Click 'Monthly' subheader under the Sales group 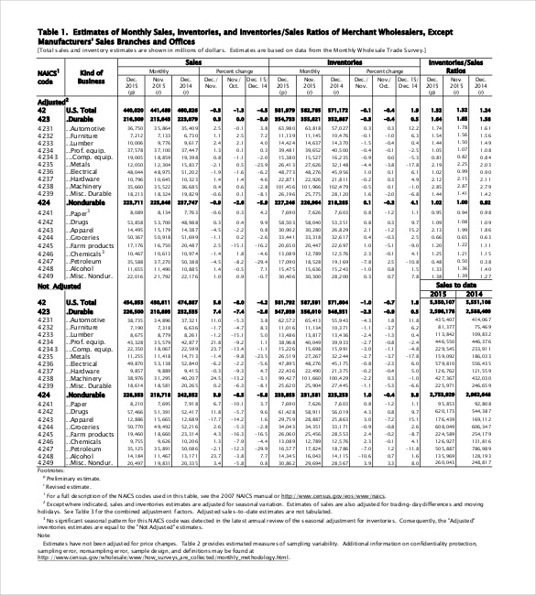159,70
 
